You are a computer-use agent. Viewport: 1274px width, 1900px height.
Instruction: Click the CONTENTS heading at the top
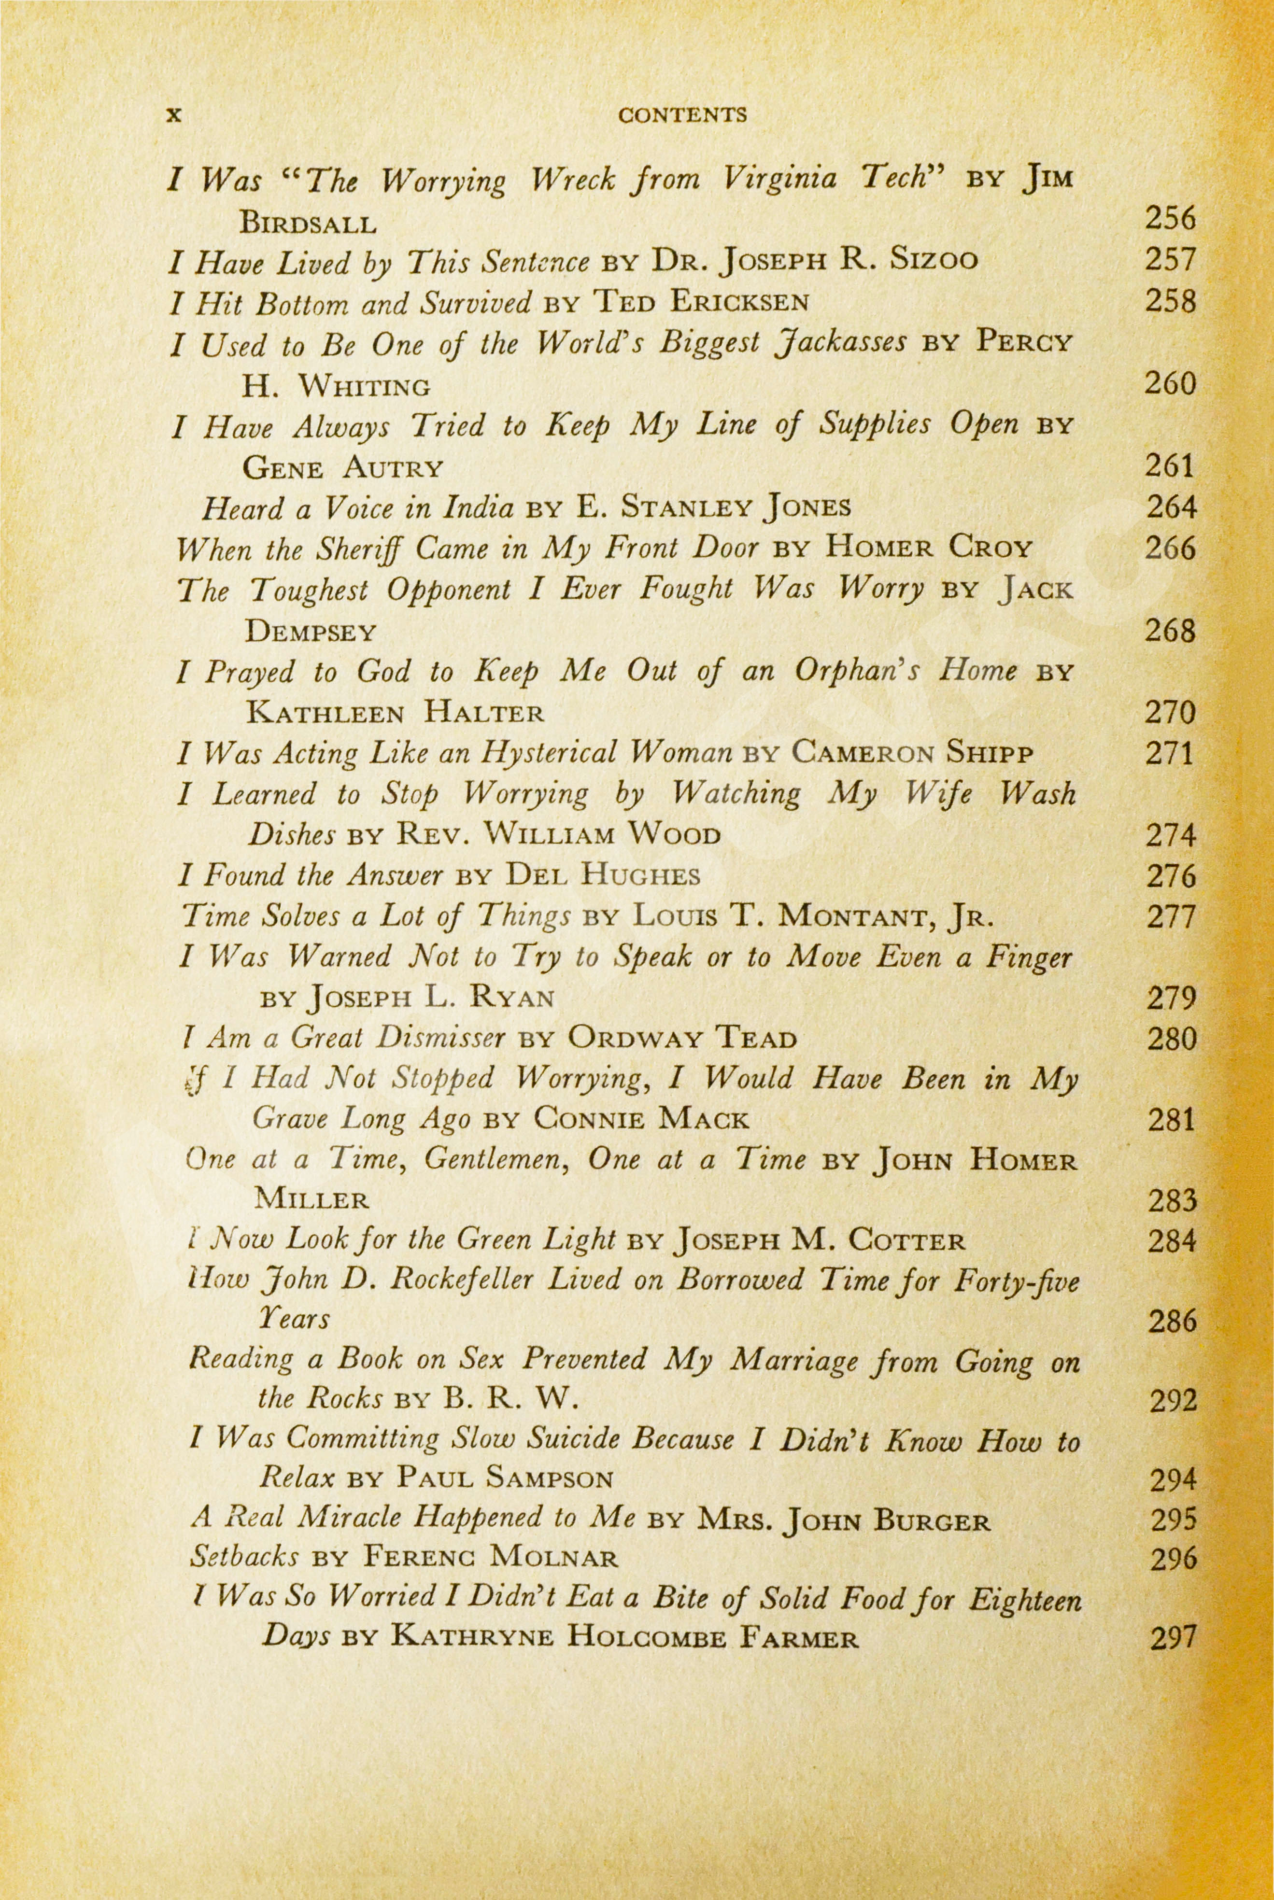click(682, 115)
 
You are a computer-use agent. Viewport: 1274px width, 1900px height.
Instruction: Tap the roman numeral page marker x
click(173, 115)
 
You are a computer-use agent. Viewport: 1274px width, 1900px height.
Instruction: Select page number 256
click(1170, 219)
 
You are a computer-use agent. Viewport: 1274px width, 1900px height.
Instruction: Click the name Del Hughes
click(602, 876)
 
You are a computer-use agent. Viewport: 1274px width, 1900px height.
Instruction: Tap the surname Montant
click(854, 917)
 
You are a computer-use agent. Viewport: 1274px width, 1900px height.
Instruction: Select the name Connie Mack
click(641, 1121)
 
